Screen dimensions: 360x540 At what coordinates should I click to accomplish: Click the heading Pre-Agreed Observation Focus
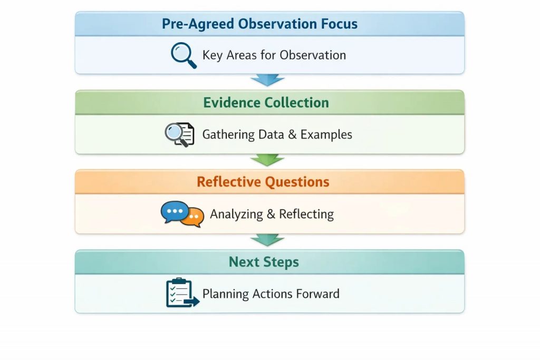[x=259, y=24]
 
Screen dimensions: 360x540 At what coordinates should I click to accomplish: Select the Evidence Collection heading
[x=266, y=103]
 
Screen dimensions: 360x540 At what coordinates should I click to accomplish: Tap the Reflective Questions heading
[x=263, y=182]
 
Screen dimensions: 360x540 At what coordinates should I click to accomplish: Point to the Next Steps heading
[x=264, y=262]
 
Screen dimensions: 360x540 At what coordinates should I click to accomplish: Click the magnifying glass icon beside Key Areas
[x=183, y=55]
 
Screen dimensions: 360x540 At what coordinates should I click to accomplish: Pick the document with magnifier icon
[x=179, y=134]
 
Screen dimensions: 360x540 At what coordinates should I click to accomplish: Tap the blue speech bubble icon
[x=173, y=212]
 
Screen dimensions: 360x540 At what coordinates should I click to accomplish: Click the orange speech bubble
[x=193, y=217]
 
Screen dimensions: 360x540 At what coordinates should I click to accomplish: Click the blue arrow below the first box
[x=267, y=80]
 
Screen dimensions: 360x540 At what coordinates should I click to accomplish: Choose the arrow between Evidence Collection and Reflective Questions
[x=267, y=160]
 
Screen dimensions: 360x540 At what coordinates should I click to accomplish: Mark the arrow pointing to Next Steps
[x=267, y=240]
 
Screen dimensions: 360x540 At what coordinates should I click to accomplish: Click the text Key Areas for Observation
[x=274, y=55]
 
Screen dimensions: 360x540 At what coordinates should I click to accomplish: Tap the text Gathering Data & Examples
[x=277, y=134]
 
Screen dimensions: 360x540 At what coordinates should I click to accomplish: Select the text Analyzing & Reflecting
[x=272, y=214]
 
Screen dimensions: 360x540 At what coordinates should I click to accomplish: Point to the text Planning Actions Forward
[x=271, y=294]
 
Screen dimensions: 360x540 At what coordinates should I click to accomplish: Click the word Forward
[x=318, y=294]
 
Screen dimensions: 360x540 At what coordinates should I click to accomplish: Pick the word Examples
[x=326, y=134]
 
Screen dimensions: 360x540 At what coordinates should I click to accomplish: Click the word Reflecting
[x=306, y=214]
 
